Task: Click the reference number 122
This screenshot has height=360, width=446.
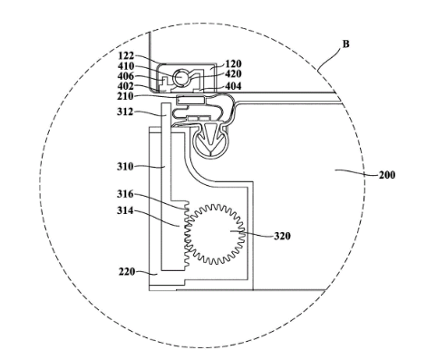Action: pyautogui.click(x=126, y=56)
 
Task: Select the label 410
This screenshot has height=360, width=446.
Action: pyautogui.click(x=126, y=66)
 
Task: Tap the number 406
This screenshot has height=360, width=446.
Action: pyautogui.click(x=126, y=76)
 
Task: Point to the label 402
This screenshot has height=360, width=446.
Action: pyautogui.click(x=126, y=86)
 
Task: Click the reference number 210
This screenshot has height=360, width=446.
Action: pyautogui.click(x=126, y=96)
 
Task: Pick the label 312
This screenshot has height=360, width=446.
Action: pyautogui.click(x=125, y=112)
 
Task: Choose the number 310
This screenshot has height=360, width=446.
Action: pyautogui.click(x=125, y=167)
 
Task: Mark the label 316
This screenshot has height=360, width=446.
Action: pyautogui.click(x=125, y=194)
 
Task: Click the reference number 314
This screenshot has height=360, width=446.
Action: pyautogui.click(x=125, y=210)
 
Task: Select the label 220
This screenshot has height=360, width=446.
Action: pyautogui.click(x=127, y=272)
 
